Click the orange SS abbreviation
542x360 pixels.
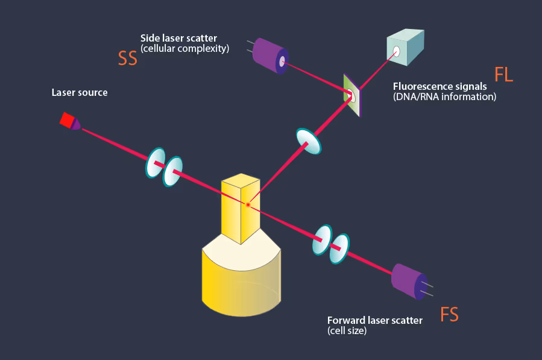(128, 58)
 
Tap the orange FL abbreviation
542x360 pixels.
(503, 75)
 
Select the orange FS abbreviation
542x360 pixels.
(449, 314)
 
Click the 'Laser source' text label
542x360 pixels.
(80, 93)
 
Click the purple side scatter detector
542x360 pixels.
(269, 55)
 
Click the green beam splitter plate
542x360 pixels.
(351, 95)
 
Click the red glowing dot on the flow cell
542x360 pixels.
(248, 206)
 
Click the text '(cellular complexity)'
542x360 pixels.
(184, 49)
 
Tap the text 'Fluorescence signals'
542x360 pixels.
(440, 86)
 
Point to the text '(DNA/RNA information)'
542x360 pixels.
(444, 96)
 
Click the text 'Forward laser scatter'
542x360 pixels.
(374, 320)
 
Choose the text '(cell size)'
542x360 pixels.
(347, 331)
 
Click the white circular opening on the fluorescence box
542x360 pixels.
(397, 51)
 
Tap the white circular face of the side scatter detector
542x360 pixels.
(282, 60)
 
